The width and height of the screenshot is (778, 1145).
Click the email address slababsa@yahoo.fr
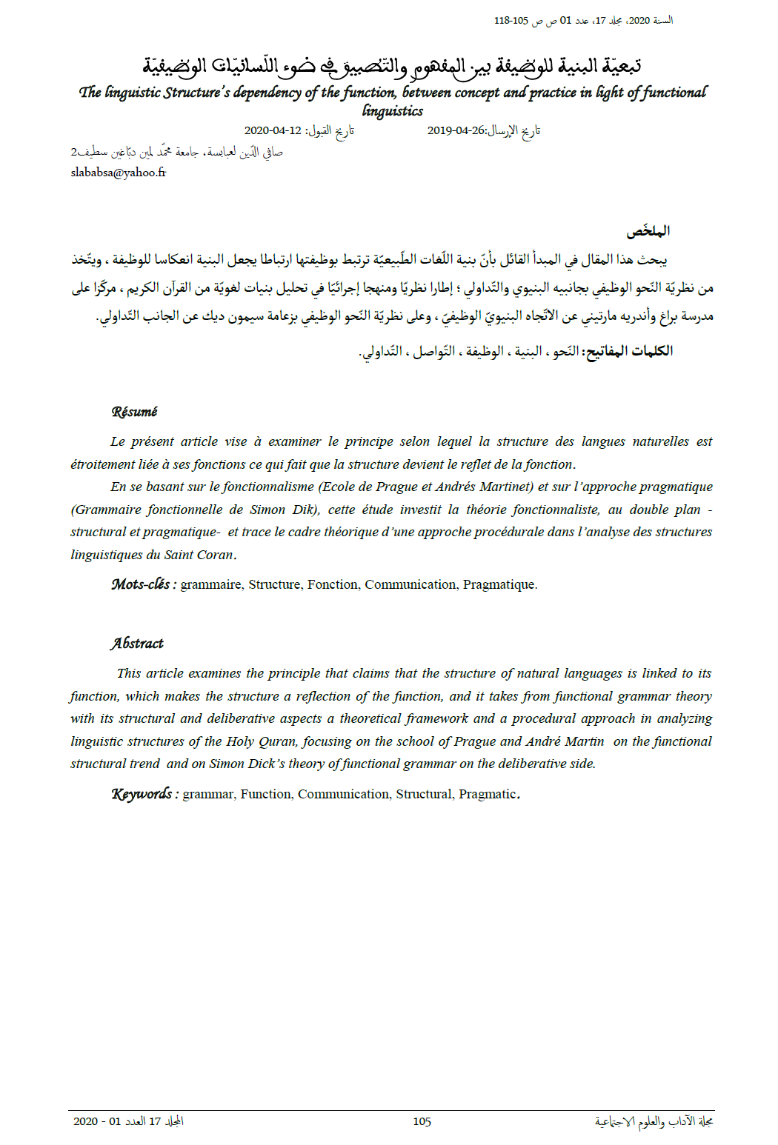click(x=119, y=173)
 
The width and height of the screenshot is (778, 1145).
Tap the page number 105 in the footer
click(x=422, y=1121)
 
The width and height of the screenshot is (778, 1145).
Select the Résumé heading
click(x=134, y=412)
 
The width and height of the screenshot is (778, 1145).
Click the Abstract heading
click(x=137, y=644)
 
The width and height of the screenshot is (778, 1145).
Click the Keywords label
click(x=144, y=794)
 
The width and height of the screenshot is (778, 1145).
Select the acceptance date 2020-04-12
click(x=273, y=131)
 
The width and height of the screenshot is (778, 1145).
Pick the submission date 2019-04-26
click(x=456, y=131)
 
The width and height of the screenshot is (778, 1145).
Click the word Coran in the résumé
click(x=215, y=555)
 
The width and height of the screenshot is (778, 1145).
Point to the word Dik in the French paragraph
click(x=304, y=510)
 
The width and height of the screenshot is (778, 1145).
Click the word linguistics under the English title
click(x=393, y=111)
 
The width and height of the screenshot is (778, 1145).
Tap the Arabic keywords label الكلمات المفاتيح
click(x=629, y=351)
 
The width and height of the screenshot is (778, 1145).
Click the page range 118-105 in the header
click(x=511, y=21)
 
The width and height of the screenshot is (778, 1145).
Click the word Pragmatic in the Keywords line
click(x=487, y=794)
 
